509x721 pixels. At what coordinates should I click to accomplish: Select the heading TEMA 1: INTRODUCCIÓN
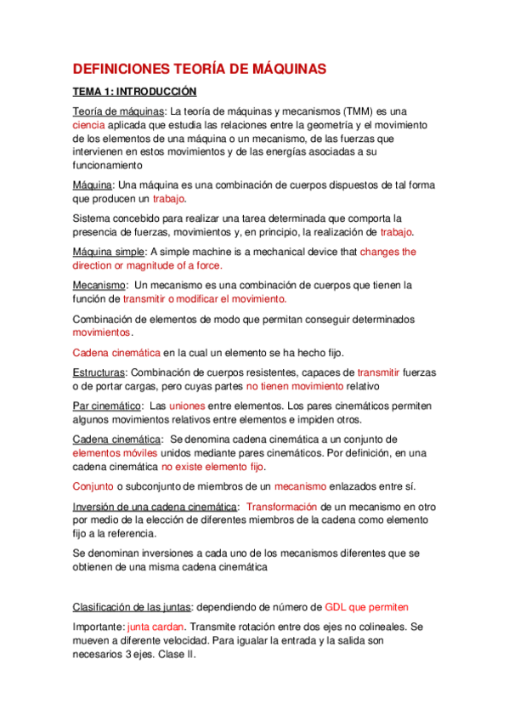pos(134,91)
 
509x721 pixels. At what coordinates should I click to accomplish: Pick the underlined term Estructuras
pos(99,371)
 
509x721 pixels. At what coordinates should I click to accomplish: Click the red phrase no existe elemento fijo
pos(213,467)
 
